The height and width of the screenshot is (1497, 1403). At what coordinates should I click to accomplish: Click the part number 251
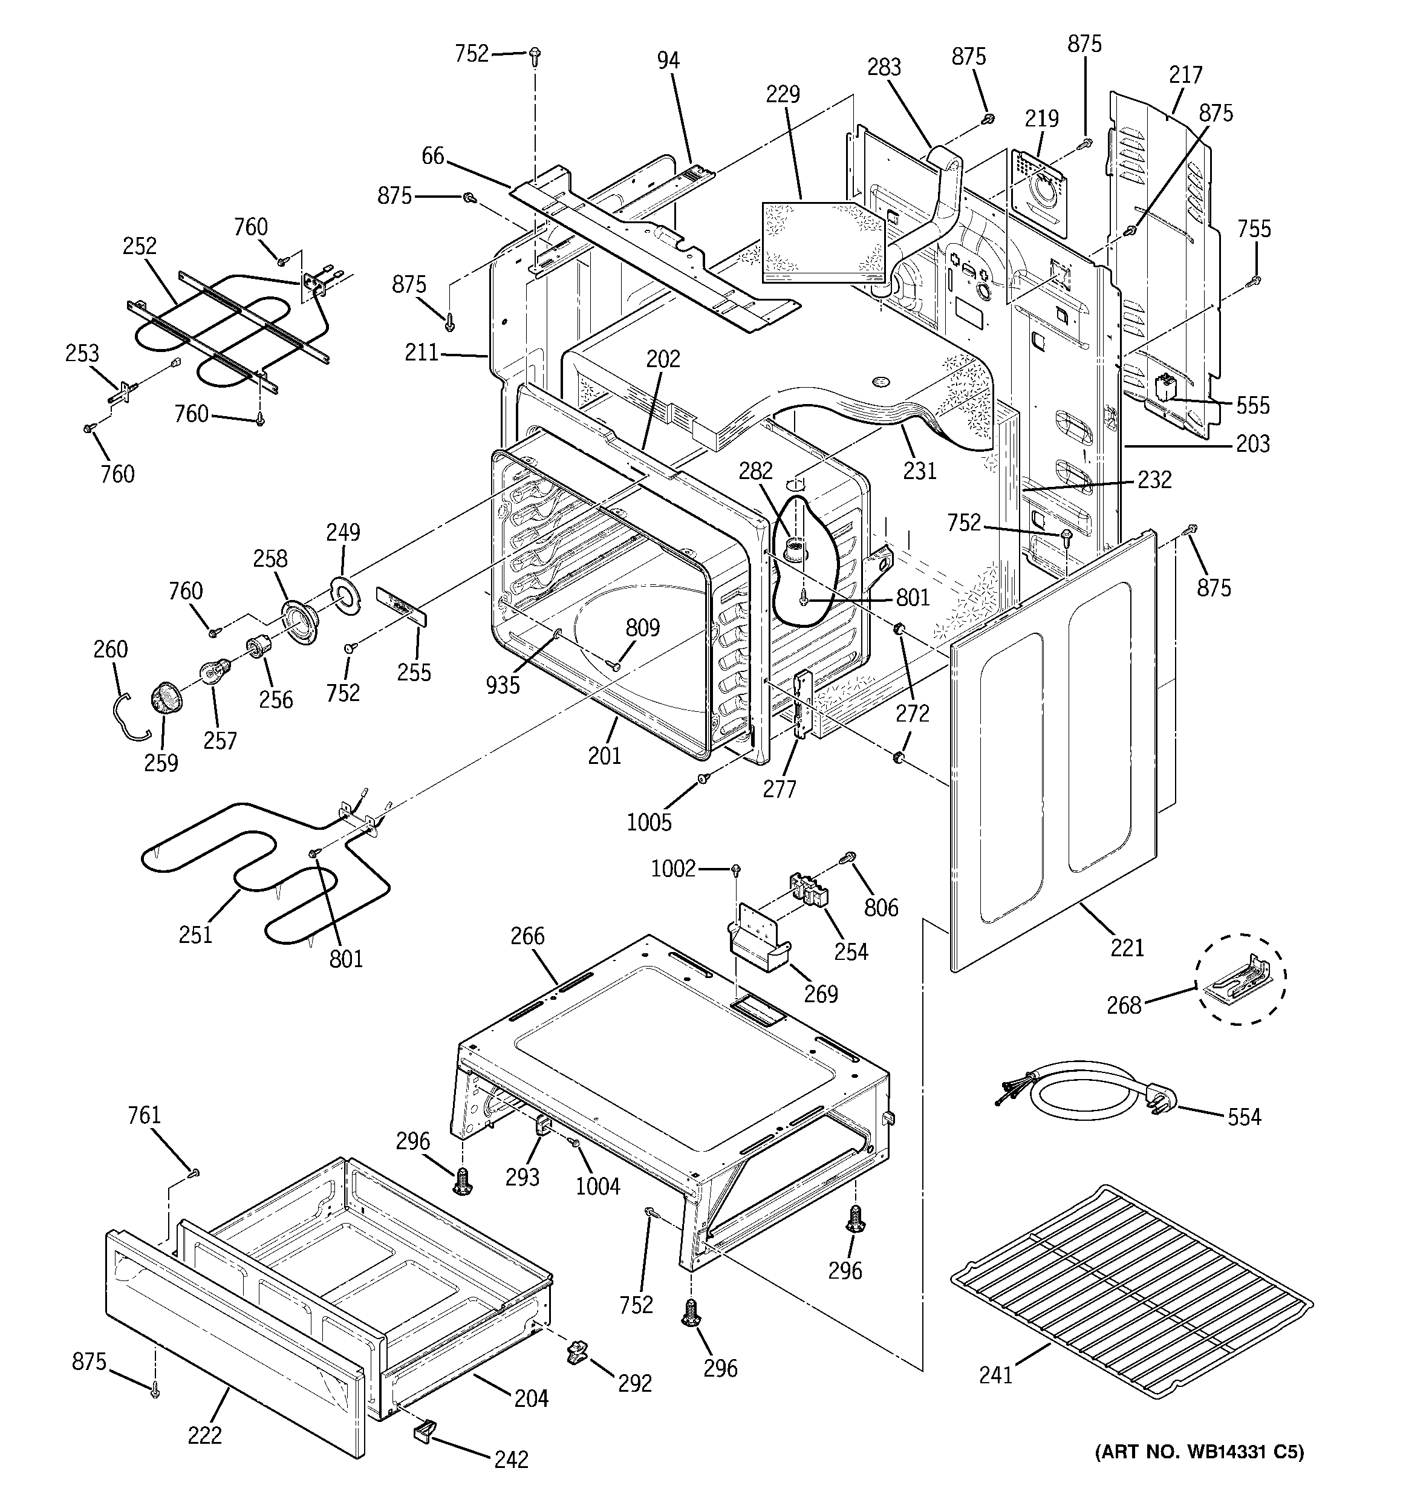(195, 934)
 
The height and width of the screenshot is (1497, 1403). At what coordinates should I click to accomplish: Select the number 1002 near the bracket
(672, 869)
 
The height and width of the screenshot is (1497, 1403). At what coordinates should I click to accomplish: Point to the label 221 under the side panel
(1127, 947)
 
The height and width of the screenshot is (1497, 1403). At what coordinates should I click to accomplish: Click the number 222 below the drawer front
(205, 1435)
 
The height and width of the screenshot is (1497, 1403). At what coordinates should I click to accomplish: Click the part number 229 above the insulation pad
(783, 94)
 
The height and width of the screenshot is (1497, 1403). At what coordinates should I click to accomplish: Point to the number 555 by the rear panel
(1252, 406)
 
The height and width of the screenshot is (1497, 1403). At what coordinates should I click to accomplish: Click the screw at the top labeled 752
(535, 54)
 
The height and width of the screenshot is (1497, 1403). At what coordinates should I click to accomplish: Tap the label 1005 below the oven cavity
(648, 821)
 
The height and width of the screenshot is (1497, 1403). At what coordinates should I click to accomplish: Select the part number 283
(884, 67)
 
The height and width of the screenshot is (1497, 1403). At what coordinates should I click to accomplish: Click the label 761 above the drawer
(144, 1115)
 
